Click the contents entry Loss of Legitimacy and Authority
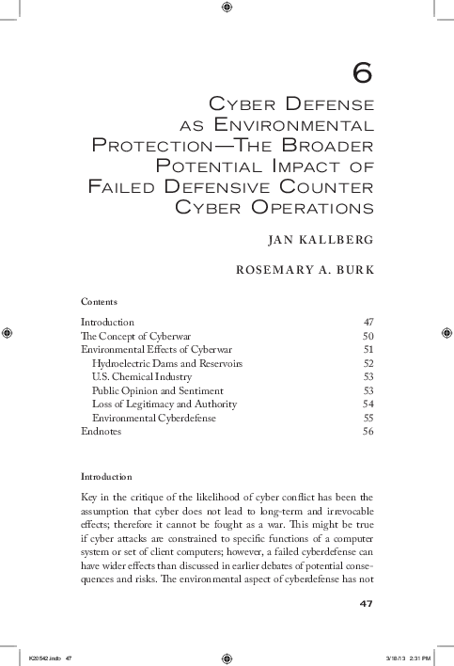coord(164,404)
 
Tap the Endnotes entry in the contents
coord(102,431)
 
